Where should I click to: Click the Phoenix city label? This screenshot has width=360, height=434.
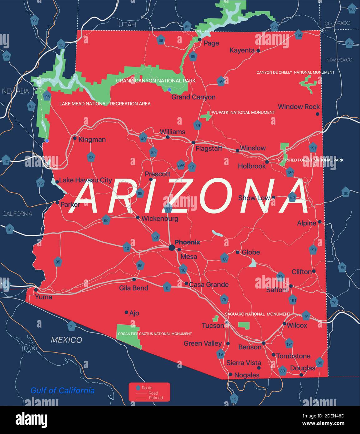(x=187, y=242)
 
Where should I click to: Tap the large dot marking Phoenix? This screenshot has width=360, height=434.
(x=172, y=248)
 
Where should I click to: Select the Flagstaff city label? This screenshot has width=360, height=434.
(x=209, y=149)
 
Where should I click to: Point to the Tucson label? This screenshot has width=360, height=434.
(x=213, y=326)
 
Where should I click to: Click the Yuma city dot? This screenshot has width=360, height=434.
(x=36, y=290)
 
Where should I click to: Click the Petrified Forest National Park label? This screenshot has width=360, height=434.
(x=311, y=160)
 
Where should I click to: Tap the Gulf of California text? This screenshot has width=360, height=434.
(x=62, y=391)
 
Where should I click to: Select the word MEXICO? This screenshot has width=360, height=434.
(x=66, y=340)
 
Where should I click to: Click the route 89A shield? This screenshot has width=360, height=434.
(x=181, y=165)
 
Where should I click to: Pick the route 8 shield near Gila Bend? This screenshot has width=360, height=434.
(x=167, y=288)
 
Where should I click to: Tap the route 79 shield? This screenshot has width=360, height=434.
(x=224, y=299)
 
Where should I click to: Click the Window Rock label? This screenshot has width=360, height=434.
(x=299, y=107)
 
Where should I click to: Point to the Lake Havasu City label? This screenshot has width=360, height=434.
(x=85, y=180)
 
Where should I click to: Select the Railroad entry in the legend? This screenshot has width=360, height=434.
(x=156, y=398)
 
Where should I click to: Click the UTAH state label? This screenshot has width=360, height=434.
(x=127, y=25)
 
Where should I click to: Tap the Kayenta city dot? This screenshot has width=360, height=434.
(x=258, y=51)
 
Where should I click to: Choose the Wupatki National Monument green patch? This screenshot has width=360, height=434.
(x=206, y=116)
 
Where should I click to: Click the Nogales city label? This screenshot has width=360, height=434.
(x=246, y=375)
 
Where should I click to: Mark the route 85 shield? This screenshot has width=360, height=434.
(x=140, y=266)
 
